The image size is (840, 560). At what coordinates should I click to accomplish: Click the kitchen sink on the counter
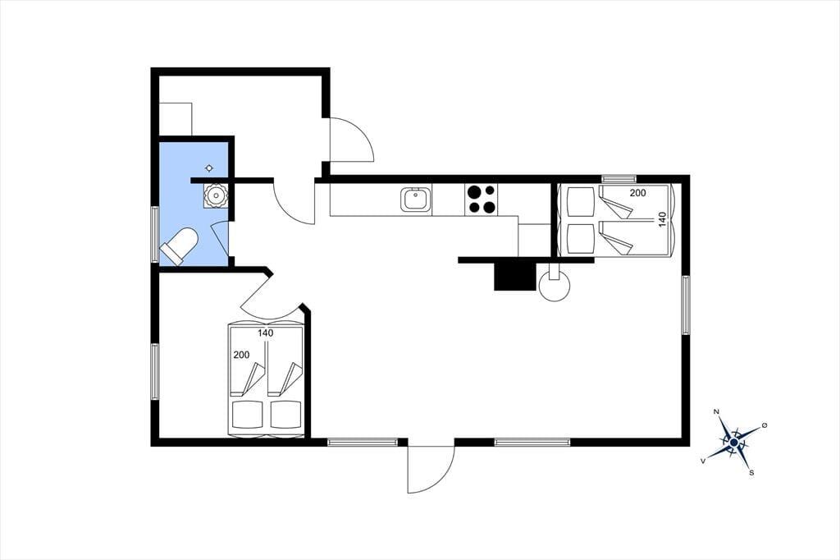(416, 199)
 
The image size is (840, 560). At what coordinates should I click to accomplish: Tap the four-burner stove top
(481, 200)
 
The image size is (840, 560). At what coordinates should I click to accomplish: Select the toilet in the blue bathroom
(179, 246)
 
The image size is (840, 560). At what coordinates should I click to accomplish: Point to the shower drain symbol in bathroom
(209, 168)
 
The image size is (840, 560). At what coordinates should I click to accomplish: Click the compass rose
(733, 442)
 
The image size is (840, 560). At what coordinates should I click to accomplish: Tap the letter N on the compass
(716, 412)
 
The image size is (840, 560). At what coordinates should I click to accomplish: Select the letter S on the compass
(751, 473)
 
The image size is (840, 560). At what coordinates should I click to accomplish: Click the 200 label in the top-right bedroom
(637, 193)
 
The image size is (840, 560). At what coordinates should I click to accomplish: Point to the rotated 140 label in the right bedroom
(663, 219)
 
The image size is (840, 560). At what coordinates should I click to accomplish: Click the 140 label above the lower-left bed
(265, 333)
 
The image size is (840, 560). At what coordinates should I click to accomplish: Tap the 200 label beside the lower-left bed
(242, 355)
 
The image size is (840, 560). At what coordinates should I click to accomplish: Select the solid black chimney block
(515, 277)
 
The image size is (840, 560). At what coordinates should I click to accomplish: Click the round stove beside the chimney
(555, 284)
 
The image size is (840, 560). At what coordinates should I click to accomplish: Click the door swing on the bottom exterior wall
(431, 470)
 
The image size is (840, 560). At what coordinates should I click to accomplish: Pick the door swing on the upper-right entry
(351, 139)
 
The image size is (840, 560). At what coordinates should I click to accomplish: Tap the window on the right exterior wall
(686, 305)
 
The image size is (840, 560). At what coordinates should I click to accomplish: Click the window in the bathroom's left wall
(155, 234)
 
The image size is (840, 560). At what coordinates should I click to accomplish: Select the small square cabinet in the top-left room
(176, 118)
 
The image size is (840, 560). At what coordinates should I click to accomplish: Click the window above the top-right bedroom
(619, 179)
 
